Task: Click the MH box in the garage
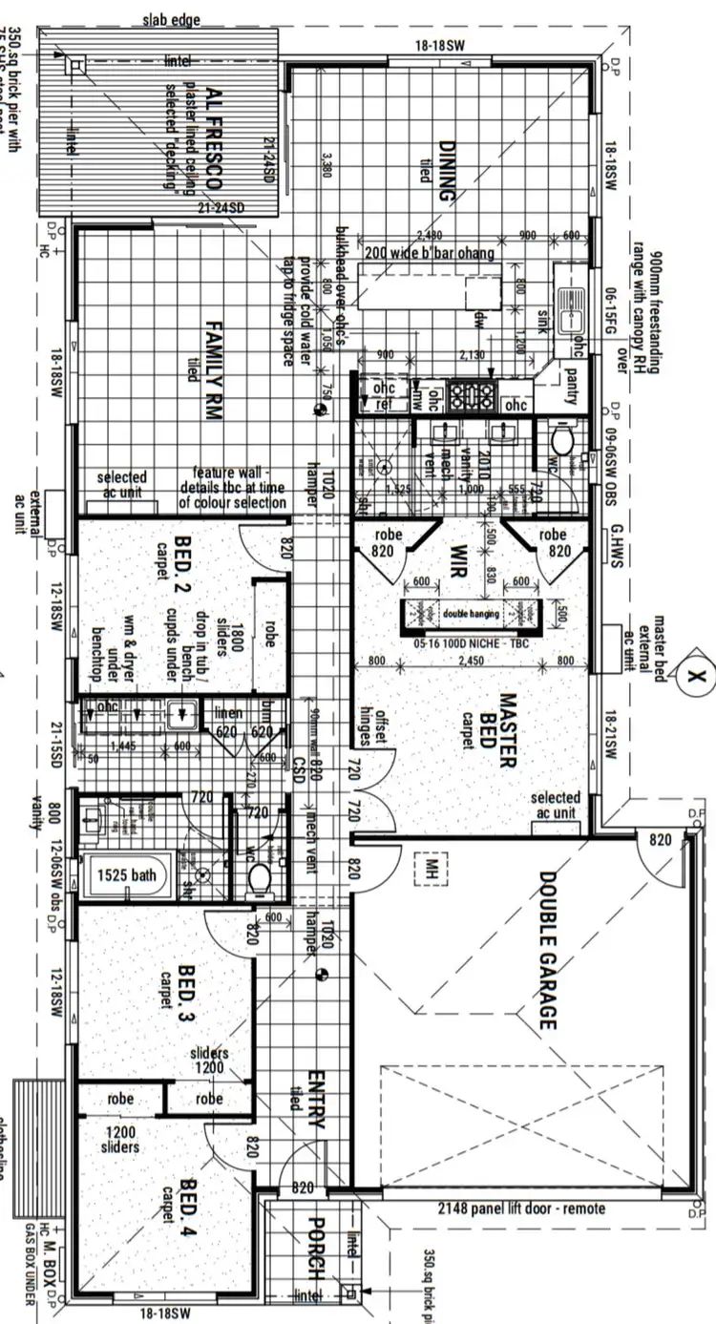click(431, 869)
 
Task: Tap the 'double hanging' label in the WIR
click(471, 613)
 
